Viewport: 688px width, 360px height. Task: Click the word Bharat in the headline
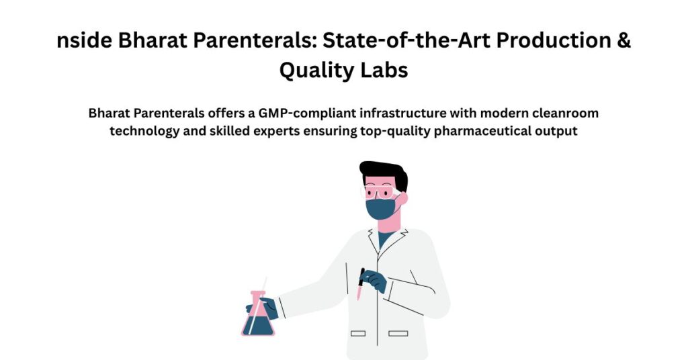[x=152, y=40]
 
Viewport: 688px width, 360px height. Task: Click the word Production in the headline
[x=554, y=40]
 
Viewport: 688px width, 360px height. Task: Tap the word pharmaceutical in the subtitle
[x=482, y=132]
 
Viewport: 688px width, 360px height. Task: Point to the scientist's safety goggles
[x=380, y=192]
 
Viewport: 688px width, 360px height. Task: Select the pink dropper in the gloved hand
[x=360, y=284]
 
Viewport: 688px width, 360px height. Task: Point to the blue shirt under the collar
[x=384, y=239]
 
